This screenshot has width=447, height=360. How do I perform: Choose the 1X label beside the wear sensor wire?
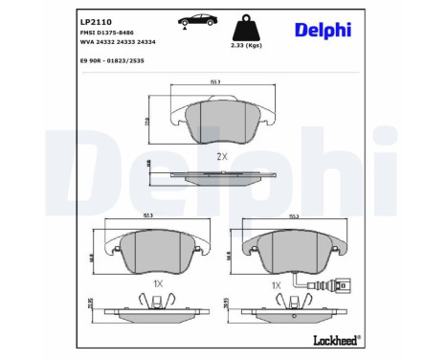276,284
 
